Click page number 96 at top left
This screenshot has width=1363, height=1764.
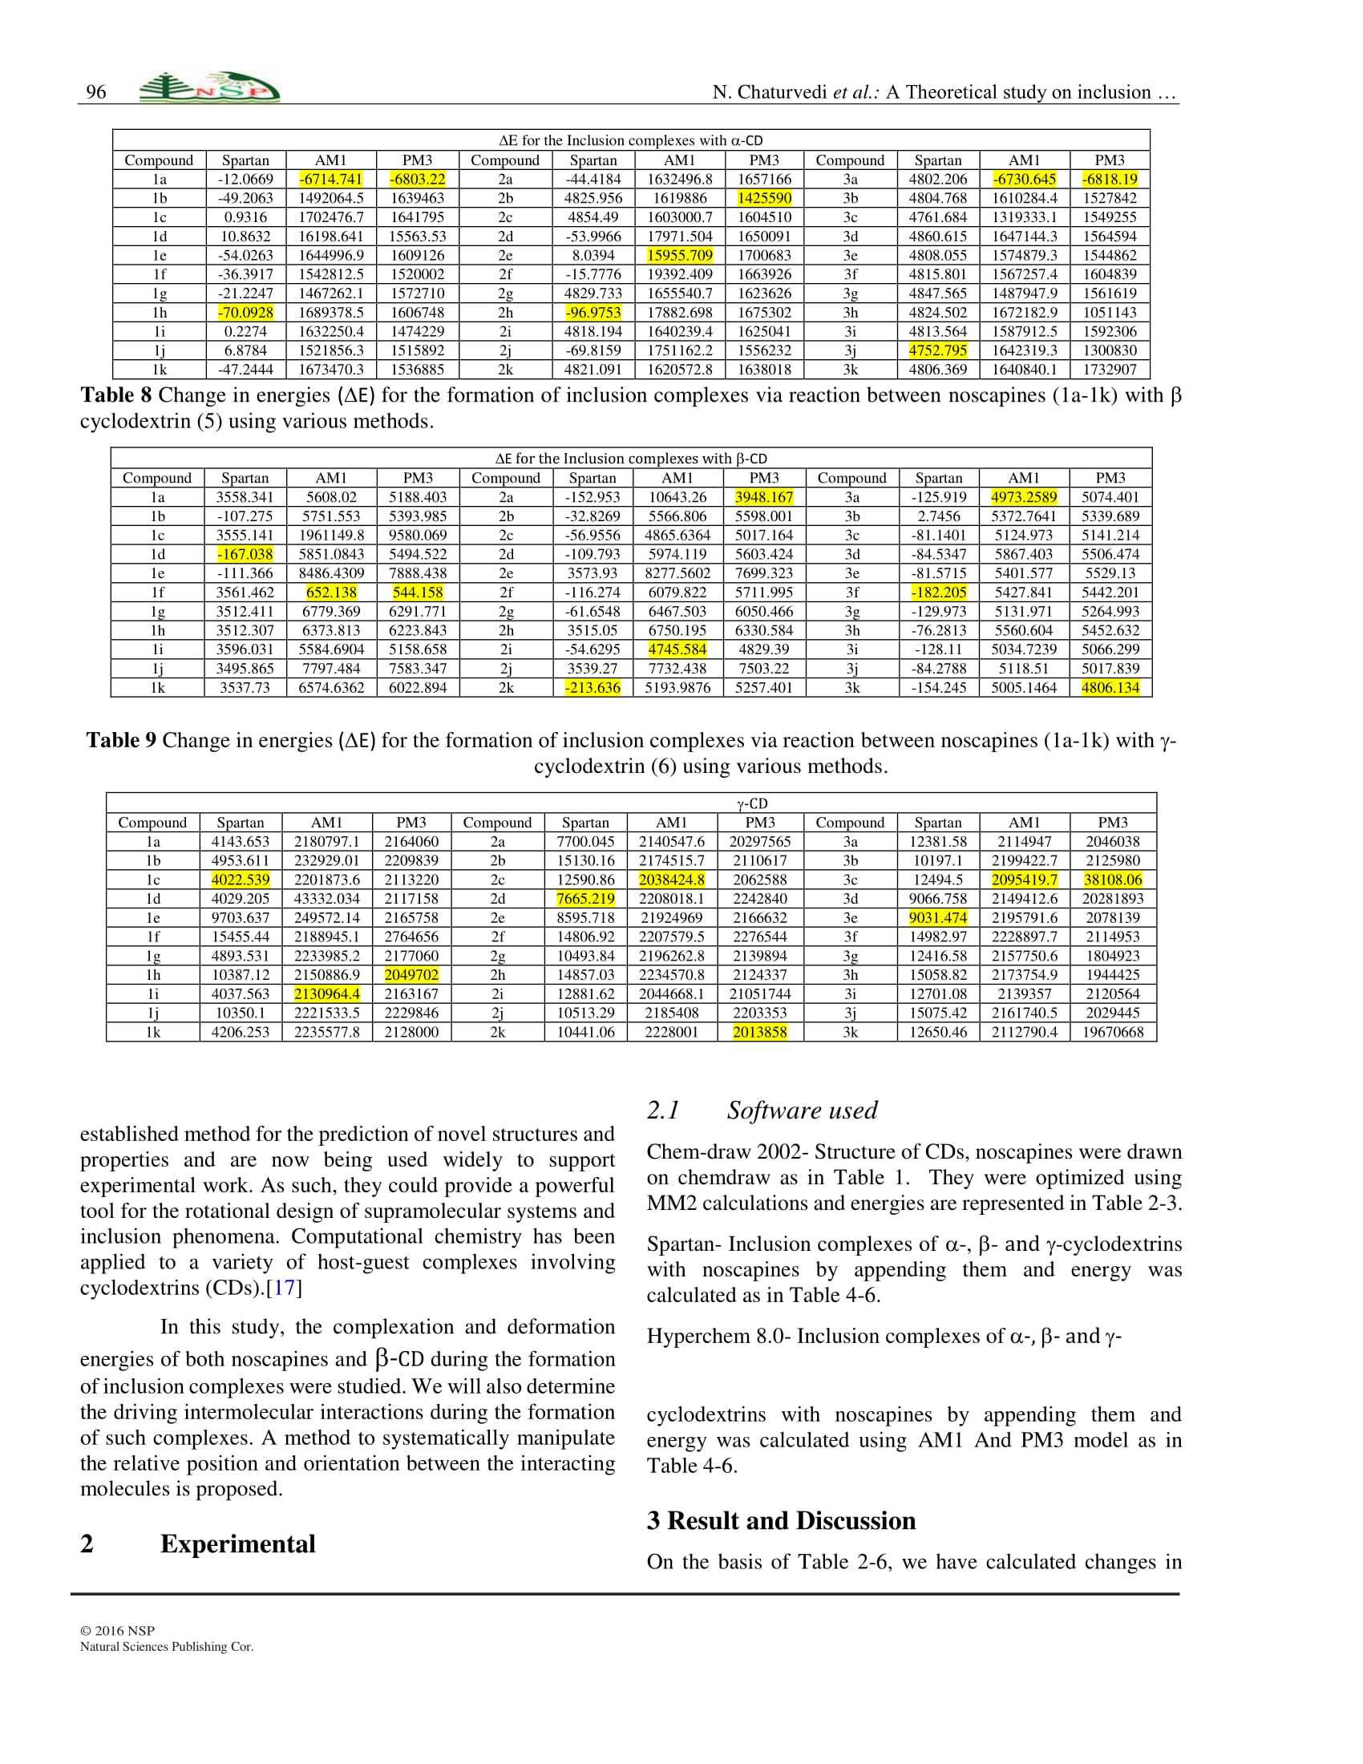(x=96, y=92)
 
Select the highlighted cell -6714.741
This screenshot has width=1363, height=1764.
(x=331, y=180)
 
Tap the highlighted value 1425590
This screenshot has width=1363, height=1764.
(x=764, y=198)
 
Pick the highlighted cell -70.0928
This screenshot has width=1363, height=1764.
(x=245, y=313)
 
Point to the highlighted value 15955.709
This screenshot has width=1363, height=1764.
(x=680, y=255)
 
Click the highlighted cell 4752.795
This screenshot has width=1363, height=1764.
(x=937, y=350)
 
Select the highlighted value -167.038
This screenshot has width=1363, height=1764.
(x=245, y=554)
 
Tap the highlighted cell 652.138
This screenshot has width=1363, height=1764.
(x=331, y=592)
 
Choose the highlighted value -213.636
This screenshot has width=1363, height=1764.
(x=593, y=687)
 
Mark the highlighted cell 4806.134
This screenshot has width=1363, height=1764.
(x=1110, y=687)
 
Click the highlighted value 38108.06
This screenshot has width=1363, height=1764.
(x=1113, y=880)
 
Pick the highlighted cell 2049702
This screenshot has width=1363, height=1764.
(x=411, y=975)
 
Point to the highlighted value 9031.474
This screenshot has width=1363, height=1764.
(x=937, y=917)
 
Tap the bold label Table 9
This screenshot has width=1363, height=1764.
(x=121, y=741)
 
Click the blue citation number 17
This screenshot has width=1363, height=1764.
(x=285, y=1288)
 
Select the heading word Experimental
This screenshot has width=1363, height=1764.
(x=237, y=1543)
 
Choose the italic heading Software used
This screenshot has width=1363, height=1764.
(x=802, y=1111)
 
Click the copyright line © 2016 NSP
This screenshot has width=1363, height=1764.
(x=118, y=1631)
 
